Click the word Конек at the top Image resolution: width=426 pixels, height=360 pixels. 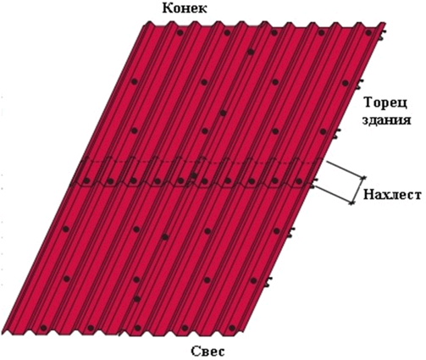point(185,8)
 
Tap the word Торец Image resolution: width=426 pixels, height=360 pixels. point(386,103)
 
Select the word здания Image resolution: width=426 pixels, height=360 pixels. point(386,120)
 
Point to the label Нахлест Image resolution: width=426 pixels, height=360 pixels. point(392,195)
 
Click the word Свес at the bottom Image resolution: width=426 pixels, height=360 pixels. point(208,352)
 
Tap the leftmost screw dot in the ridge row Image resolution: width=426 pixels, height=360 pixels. point(180,33)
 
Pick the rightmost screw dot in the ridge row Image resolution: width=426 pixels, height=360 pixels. point(368,33)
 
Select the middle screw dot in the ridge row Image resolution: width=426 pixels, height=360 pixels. point(274,33)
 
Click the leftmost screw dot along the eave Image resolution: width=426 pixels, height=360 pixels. point(43,328)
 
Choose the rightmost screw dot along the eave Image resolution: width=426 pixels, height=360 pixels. point(232,328)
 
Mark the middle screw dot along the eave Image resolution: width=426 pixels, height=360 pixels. point(138,328)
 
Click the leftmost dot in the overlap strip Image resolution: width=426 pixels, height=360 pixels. point(86,180)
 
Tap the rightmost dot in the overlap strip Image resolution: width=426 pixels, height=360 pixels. point(298,180)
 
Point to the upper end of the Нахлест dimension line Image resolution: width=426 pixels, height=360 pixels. point(363,177)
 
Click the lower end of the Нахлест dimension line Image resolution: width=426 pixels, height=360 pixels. point(351,202)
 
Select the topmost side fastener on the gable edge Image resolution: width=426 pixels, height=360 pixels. point(382,36)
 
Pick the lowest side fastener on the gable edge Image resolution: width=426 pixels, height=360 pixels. point(268,282)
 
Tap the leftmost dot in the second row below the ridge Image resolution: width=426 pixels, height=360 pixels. point(135,81)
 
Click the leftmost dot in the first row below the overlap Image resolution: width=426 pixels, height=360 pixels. point(66,230)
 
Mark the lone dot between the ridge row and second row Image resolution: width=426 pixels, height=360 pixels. point(251,52)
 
